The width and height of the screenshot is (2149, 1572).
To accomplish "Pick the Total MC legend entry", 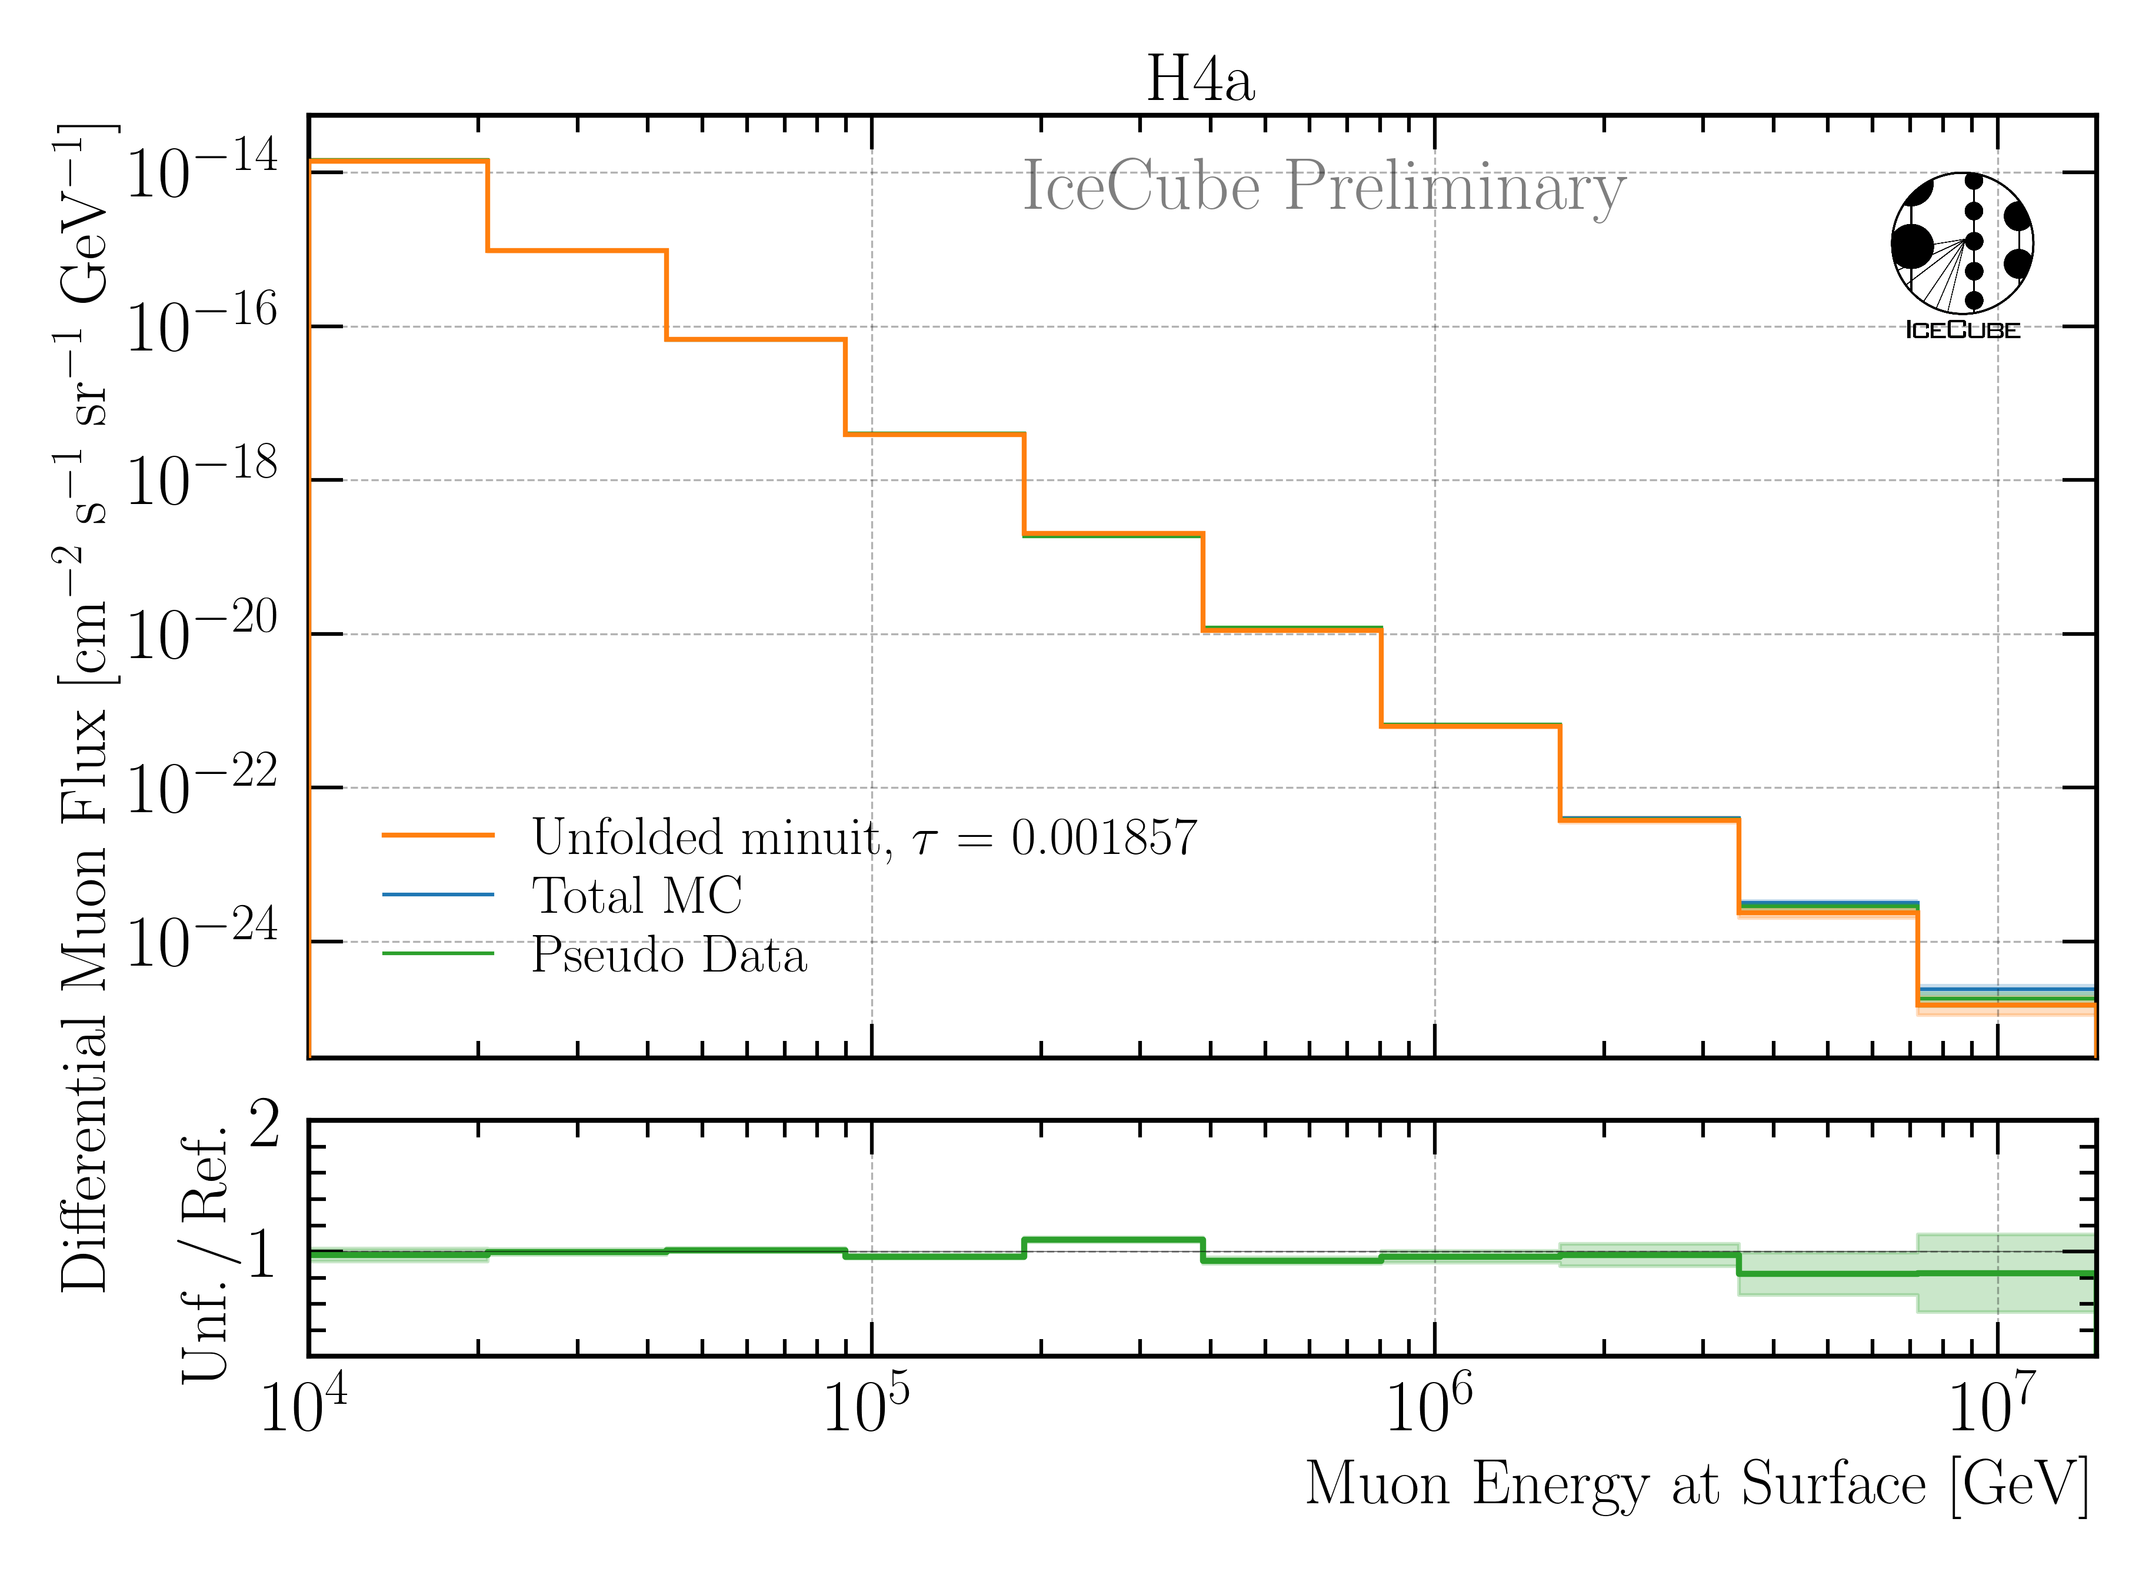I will (x=636, y=896).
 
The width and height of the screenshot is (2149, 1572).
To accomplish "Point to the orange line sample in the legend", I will (x=438, y=836).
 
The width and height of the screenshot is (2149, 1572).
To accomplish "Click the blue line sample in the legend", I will (x=438, y=895).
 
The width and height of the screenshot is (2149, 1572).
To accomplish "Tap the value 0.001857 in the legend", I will (x=1104, y=837).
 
